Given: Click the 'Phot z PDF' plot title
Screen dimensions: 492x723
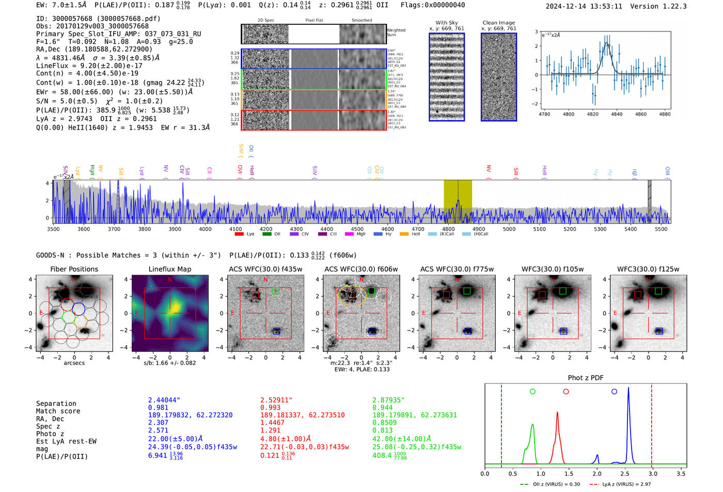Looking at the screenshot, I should tap(586, 378).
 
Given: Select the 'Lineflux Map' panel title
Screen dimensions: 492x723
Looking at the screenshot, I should tap(170, 269).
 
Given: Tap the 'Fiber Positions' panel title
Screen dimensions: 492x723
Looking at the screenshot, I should tap(74, 269).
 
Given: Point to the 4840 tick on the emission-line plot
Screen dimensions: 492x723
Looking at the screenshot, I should tap(617, 114).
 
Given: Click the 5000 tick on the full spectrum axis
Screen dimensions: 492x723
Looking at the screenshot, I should tap(509, 229).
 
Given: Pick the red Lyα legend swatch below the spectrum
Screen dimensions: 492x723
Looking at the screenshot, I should tap(239, 234).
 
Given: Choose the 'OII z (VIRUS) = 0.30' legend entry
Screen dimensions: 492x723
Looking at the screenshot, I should tap(550, 484).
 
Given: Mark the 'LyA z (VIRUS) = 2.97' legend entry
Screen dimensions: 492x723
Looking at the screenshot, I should tap(620, 484).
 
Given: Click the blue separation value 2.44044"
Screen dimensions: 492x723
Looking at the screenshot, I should tap(164, 400).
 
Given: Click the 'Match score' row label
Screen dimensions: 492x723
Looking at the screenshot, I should tap(58, 411).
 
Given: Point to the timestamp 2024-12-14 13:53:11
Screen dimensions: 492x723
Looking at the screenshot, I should tap(584, 7).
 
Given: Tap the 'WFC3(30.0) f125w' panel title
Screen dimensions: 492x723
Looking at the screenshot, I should tap(648, 269).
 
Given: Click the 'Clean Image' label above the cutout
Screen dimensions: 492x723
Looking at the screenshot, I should tap(499, 23).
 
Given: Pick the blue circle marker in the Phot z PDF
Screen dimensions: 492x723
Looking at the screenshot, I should tap(614, 392).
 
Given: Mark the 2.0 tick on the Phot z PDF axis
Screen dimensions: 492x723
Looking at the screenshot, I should tap(597, 473).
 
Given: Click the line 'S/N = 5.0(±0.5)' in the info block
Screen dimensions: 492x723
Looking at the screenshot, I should tap(67, 102).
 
